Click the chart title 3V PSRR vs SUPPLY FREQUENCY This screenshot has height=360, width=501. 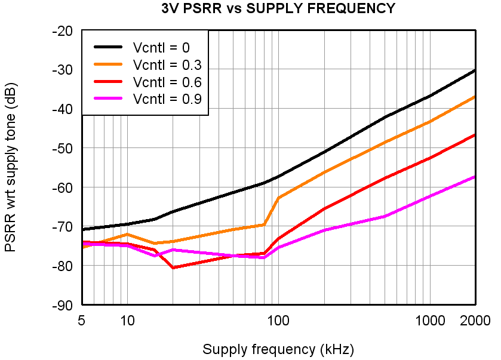pos(278,8)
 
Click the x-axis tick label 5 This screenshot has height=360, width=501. pos(81,321)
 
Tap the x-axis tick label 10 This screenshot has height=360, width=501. pos(127,321)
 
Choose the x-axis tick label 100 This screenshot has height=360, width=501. pos(278,321)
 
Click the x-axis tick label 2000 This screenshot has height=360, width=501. pos(475,321)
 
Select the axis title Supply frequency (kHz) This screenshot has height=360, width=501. pos(278,349)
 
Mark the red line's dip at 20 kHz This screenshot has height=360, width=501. pos(173,267)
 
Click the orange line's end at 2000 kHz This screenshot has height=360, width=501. pos(475,96)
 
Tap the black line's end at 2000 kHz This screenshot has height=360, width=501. pos(475,70)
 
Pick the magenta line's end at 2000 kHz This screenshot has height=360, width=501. pos(475,177)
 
